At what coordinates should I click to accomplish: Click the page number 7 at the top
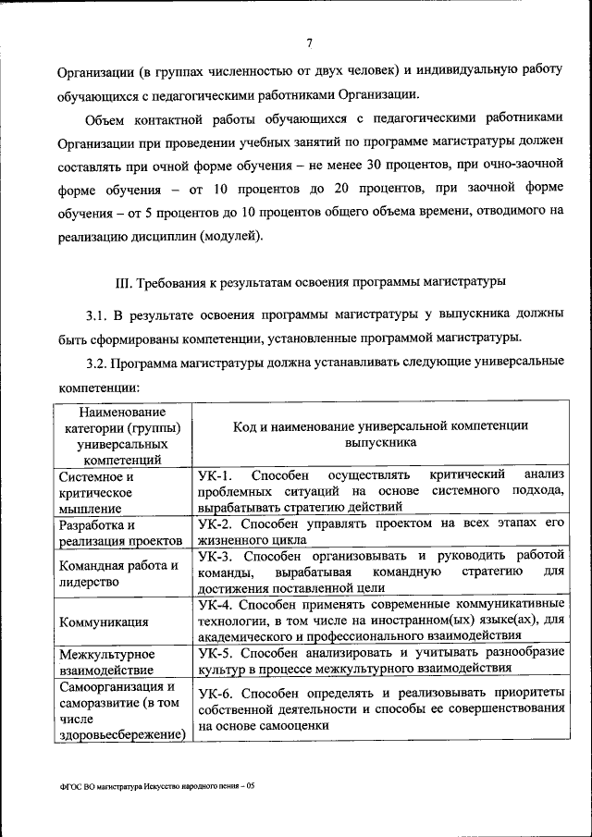(x=309, y=41)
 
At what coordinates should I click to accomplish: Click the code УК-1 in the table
(x=215, y=474)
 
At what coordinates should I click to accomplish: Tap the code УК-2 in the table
(x=215, y=523)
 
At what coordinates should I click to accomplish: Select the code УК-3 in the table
(x=215, y=556)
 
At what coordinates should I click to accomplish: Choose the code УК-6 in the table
(x=215, y=692)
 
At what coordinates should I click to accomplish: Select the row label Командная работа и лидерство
(x=117, y=573)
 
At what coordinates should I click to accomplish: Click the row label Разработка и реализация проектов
(x=119, y=533)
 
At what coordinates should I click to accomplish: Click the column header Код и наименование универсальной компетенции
(x=381, y=434)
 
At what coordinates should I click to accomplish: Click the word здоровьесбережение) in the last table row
(x=121, y=735)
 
